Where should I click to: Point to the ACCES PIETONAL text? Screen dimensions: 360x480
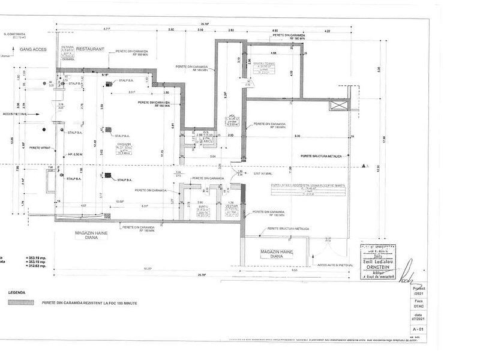point(17,112)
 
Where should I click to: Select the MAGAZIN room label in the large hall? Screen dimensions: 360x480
point(124,145)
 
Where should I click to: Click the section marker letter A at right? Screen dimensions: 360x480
point(367,168)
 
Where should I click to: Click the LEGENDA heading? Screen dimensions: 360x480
point(17,292)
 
